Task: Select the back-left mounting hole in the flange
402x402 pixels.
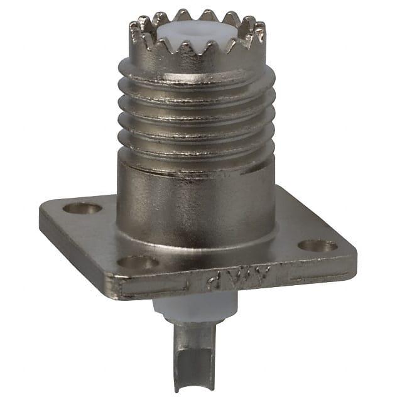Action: click(x=82, y=208)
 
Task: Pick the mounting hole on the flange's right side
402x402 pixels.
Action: click(x=317, y=246)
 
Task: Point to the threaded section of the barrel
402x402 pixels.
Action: click(x=195, y=113)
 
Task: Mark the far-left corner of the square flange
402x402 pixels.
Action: click(x=43, y=214)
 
